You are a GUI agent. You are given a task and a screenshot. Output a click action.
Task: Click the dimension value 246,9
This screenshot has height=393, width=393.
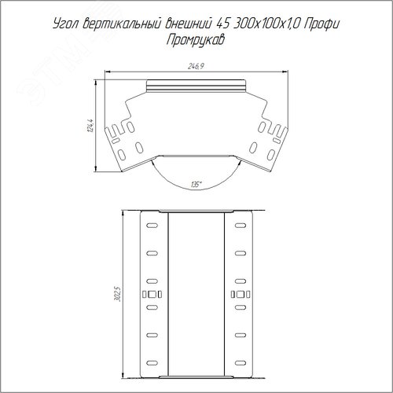pyautogui.click(x=196, y=66)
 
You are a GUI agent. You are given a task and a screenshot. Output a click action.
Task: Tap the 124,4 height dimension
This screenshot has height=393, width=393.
pyautogui.click(x=90, y=126)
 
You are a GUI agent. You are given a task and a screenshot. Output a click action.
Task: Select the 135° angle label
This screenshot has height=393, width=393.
pyautogui.click(x=196, y=185)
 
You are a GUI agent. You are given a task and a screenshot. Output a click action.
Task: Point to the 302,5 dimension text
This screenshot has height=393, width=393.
pyautogui.click(x=119, y=294)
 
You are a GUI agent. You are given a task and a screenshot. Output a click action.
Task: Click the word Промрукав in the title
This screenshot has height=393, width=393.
pyautogui.click(x=196, y=40)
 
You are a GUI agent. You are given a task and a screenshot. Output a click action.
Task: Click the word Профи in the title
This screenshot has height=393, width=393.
pyautogui.click(x=322, y=24)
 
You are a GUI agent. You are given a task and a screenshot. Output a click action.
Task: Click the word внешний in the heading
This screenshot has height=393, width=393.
pyautogui.click(x=187, y=24)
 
